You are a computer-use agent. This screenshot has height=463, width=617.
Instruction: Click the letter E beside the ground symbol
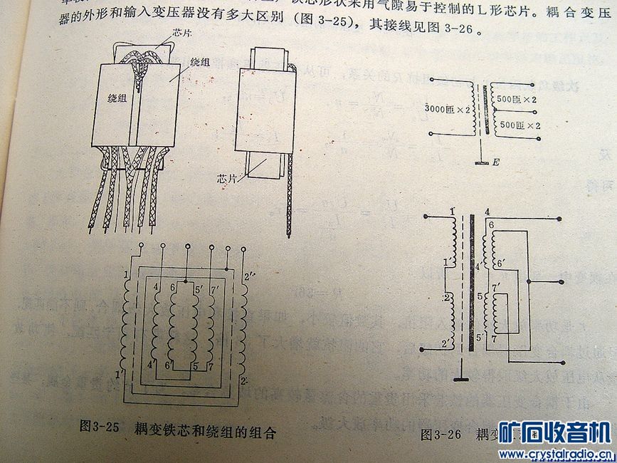(x=496, y=162)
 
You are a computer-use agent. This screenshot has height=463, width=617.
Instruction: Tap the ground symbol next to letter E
(x=482, y=162)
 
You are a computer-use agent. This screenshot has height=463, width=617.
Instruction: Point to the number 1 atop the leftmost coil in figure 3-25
(x=125, y=275)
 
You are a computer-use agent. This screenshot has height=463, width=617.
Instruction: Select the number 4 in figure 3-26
(x=487, y=212)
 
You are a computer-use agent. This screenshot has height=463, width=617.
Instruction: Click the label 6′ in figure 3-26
(x=501, y=263)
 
